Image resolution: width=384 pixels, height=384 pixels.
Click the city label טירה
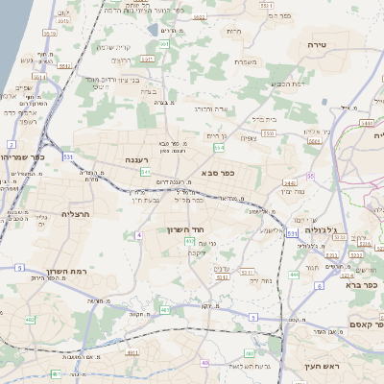(317, 45)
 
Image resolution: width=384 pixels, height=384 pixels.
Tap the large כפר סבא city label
(218, 174)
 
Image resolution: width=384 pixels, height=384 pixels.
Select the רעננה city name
(134, 160)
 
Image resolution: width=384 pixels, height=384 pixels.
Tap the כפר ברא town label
(367, 285)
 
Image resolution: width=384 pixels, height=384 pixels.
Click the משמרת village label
(246, 62)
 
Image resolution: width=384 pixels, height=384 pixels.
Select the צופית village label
(249, 137)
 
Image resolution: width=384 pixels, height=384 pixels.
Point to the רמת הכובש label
(289, 84)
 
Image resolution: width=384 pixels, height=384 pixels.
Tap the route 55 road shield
(310, 176)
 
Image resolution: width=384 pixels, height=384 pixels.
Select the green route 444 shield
(294, 274)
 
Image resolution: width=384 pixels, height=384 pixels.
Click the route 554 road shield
(220, 148)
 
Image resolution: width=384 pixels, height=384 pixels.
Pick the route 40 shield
(204, 362)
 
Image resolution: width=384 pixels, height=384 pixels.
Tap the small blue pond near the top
(154, 30)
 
